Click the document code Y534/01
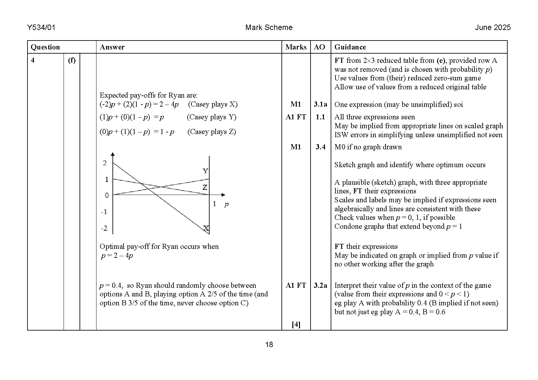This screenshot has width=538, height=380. pos(41,27)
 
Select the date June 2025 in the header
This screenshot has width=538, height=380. pos(493,27)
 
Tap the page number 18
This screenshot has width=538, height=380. pos(269,345)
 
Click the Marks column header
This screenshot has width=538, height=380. pos(296,47)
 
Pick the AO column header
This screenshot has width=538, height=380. pos(319,47)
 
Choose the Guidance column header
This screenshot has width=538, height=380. pos(350,47)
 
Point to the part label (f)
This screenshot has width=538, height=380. pos(72,60)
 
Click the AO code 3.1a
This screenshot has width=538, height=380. pos(320,104)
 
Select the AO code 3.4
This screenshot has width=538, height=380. pos(320,147)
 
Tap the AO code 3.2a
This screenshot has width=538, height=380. pos(320,286)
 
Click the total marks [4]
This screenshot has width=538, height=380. pos(296,324)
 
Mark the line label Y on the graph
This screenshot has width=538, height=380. pos(205,171)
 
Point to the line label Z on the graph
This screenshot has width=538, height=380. pos(205,187)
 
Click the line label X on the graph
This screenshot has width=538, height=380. pos(206,228)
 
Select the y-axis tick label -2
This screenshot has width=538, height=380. pos(104,228)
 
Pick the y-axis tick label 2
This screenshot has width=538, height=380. pos(105,163)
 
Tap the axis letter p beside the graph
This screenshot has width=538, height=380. pos(226,204)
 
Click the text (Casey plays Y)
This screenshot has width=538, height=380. pos(211,117)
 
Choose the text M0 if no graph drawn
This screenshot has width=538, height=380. pos(368,147)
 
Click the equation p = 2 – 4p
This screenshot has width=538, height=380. pos(117,256)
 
